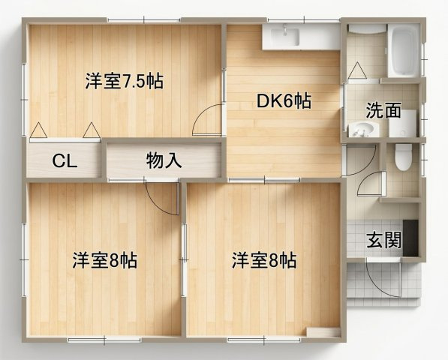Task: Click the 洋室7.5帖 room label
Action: (x=125, y=81)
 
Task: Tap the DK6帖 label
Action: (x=284, y=100)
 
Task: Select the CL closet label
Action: (x=65, y=161)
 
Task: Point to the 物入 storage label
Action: (x=164, y=160)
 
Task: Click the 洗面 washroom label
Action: (x=383, y=110)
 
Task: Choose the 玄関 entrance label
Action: (x=384, y=240)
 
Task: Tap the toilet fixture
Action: (x=404, y=157)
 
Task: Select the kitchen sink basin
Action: (x=285, y=36)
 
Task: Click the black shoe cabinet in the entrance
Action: (x=410, y=238)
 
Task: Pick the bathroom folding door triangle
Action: (x=357, y=70)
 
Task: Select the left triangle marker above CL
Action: (x=38, y=130)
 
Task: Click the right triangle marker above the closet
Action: (x=92, y=130)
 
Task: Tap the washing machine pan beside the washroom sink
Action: (x=402, y=123)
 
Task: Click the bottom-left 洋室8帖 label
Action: (x=104, y=260)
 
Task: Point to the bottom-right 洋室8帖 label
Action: (x=263, y=260)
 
